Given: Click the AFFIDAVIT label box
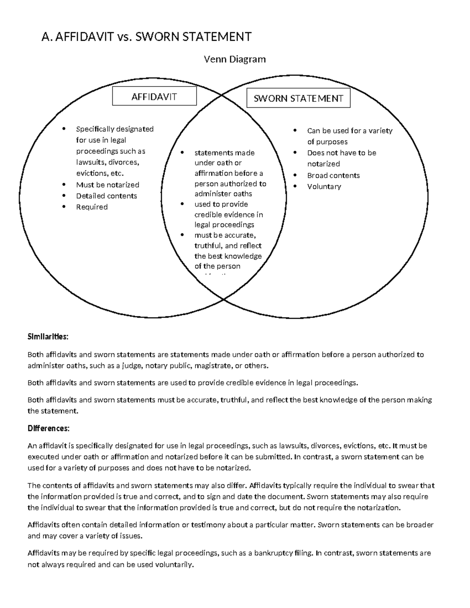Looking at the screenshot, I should [x=154, y=96].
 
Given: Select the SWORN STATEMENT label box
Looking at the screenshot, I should [x=298, y=98].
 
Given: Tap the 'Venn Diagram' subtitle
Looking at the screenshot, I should [x=235, y=59].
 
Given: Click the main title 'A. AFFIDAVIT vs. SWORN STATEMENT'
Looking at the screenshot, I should [x=146, y=37].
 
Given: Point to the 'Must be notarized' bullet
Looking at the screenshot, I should [x=107, y=185].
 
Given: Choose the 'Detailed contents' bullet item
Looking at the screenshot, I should [x=106, y=196].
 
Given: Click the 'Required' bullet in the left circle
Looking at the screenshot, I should [x=92, y=207].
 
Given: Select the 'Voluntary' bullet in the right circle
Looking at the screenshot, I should [x=324, y=186].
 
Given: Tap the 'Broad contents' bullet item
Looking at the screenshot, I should [x=333, y=175].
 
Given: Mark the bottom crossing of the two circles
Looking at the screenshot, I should [x=224, y=299].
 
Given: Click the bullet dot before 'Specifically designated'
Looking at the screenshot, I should [x=64, y=129].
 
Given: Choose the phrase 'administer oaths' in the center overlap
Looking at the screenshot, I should [x=223, y=194].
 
